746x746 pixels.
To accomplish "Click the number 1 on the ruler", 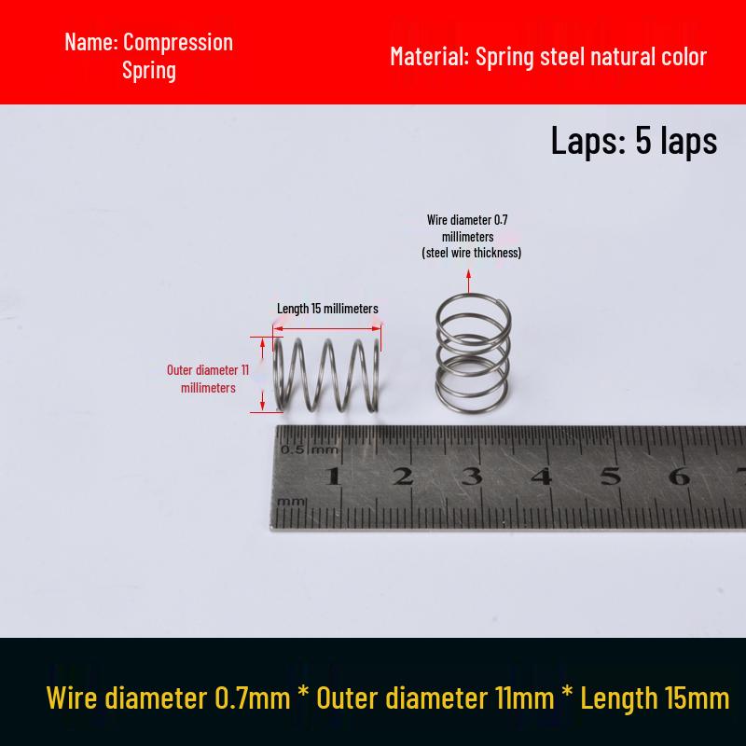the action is [x=333, y=476].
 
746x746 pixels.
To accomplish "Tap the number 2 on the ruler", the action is [x=403, y=476].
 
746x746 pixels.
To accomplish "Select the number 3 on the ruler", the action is [x=472, y=476].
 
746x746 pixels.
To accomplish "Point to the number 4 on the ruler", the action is [x=542, y=476].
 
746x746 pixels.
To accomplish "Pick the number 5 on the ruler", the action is [x=611, y=476].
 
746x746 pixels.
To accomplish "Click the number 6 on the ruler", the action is [x=680, y=476].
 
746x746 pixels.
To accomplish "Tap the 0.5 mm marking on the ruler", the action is [x=310, y=449].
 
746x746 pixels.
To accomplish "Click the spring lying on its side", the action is [x=327, y=375].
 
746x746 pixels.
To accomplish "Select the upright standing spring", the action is [x=473, y=354].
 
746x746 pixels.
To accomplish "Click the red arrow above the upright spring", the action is [x=469, y=281].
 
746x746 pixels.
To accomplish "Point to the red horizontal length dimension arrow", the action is [x=327, y=328].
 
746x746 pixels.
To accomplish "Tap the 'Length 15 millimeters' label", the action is [x=327, y=309].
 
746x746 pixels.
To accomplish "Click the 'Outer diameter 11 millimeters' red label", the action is [x=208, y=379].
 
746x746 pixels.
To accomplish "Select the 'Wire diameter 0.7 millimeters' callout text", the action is [x=472, y=236].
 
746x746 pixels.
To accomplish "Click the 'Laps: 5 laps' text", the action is [x=634, y=141].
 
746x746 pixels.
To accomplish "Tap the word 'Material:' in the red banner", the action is [x=430, y=56].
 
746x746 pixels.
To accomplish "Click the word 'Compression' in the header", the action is [x=178, y=43].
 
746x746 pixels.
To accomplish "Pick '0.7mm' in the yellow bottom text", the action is [x=252, y=698].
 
